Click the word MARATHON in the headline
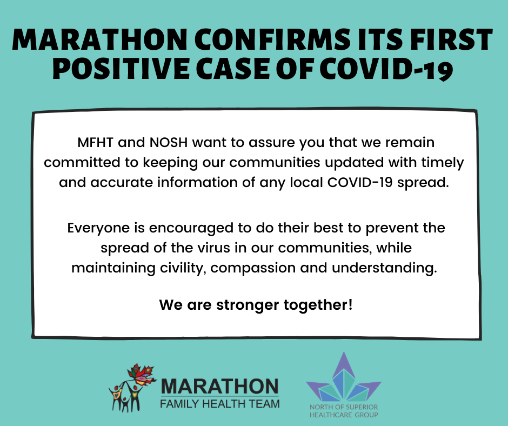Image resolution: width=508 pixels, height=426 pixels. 99,40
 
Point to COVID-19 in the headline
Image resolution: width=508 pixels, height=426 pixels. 386,69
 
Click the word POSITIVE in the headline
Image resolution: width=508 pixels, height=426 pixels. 121,69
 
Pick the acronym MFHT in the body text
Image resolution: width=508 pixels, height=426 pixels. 95,143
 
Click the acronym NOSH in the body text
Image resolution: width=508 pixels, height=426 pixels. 169,143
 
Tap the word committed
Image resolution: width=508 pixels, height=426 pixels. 82,162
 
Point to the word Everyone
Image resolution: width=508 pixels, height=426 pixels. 98,229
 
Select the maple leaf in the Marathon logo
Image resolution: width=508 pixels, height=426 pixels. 142,375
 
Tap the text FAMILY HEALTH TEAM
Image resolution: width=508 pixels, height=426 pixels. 219,404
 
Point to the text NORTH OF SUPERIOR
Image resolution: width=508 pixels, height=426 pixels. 344,407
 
